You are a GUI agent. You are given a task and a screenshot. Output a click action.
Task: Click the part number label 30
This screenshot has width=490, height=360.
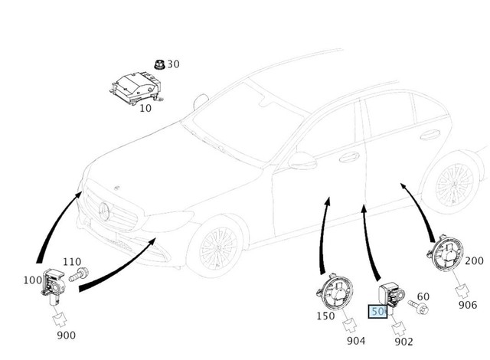tap(173, 64)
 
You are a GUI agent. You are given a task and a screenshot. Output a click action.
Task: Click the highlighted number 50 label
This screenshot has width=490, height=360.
tap(377, 312)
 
